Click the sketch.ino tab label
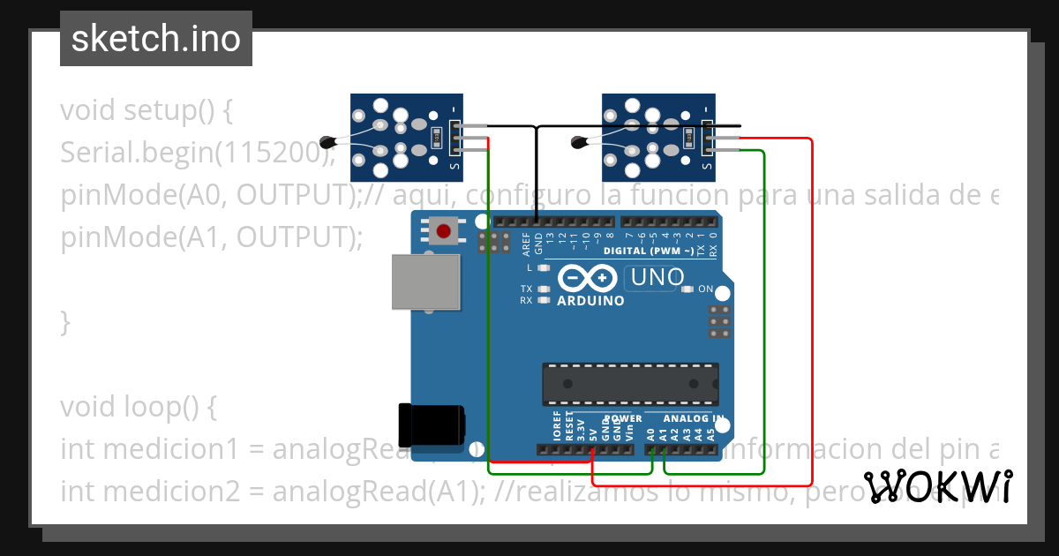click(x=155, y=39)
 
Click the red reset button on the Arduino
click(x=444, y=232)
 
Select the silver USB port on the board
click(x=426, y=282)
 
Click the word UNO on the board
click(x=657, y=278)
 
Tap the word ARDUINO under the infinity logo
click(x=590, y=301)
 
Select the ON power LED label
click(x=705, y=289)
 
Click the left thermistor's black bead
click(x=328, y=139)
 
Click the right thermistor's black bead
click(x=579, y=139)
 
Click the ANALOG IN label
click(x=694, y=418)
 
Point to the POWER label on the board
click(x=623, y=418)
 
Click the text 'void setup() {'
click(x=146, y=111)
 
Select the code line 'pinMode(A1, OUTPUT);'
click(x=212, y=237)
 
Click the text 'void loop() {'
click(x=139, y=407)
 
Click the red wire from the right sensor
click(x=811, y=309)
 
